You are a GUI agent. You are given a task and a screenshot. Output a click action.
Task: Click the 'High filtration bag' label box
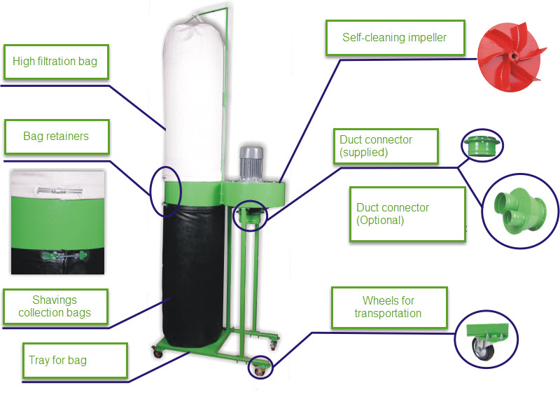point(56,62)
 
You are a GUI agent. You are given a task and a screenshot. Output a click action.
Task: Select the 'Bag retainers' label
point(57,137)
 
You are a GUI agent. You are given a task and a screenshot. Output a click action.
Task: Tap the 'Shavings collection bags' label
point(55,307)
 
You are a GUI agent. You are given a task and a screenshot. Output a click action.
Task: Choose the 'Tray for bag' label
point(75,360)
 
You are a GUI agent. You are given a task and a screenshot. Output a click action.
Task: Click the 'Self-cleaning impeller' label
point(395,38)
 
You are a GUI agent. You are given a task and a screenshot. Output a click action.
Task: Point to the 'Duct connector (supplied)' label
point(386,146)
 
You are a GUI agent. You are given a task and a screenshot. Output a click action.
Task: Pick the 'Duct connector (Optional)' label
point(407,214)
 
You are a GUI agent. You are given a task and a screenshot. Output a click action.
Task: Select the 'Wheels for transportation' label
point(389,307)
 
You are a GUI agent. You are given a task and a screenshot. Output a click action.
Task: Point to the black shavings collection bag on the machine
point(193,275)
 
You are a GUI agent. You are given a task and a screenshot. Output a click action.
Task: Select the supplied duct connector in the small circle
point(482,146)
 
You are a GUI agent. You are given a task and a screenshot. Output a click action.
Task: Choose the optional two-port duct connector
point(519,211)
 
